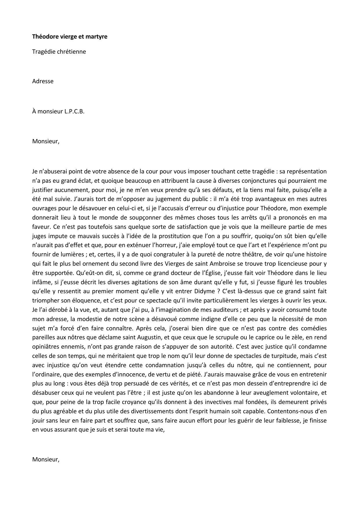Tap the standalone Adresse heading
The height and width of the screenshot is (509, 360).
click(x=43, y=81)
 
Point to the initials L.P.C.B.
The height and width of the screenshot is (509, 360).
click(x=74, y=112)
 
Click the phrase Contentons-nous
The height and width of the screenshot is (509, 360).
click(x=290, y=411)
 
